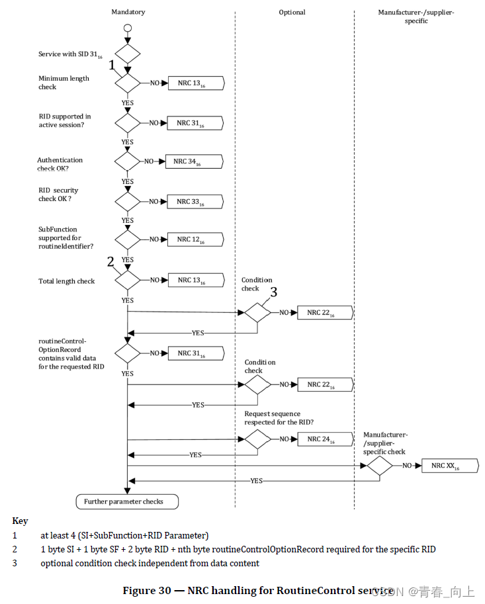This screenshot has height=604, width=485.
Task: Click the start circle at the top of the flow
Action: [128, 29]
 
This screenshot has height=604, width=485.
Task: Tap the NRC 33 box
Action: [195, 202]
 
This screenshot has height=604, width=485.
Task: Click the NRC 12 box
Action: [195, 239]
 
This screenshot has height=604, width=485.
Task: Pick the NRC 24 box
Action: [324, 439]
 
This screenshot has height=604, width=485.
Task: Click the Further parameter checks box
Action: [128, 501]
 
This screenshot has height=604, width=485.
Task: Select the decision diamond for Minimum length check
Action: [128, 83]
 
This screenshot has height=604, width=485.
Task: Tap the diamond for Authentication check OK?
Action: [128, 161]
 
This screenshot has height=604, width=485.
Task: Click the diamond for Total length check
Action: [128, 280]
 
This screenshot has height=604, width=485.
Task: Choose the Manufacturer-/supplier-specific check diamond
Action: [380, 466]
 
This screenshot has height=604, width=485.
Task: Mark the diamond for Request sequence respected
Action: [257, 439]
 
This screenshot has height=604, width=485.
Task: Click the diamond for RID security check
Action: [128, 202]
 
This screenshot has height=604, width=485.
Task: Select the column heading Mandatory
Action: [128, 12]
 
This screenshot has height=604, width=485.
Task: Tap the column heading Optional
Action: [292, 12]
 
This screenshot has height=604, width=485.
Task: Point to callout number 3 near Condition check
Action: [273, 292]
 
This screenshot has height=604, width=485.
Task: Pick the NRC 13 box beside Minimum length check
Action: [195, 83]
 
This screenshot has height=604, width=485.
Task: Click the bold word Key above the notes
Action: [20, 521]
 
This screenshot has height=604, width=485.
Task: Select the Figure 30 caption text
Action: [258, 591]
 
